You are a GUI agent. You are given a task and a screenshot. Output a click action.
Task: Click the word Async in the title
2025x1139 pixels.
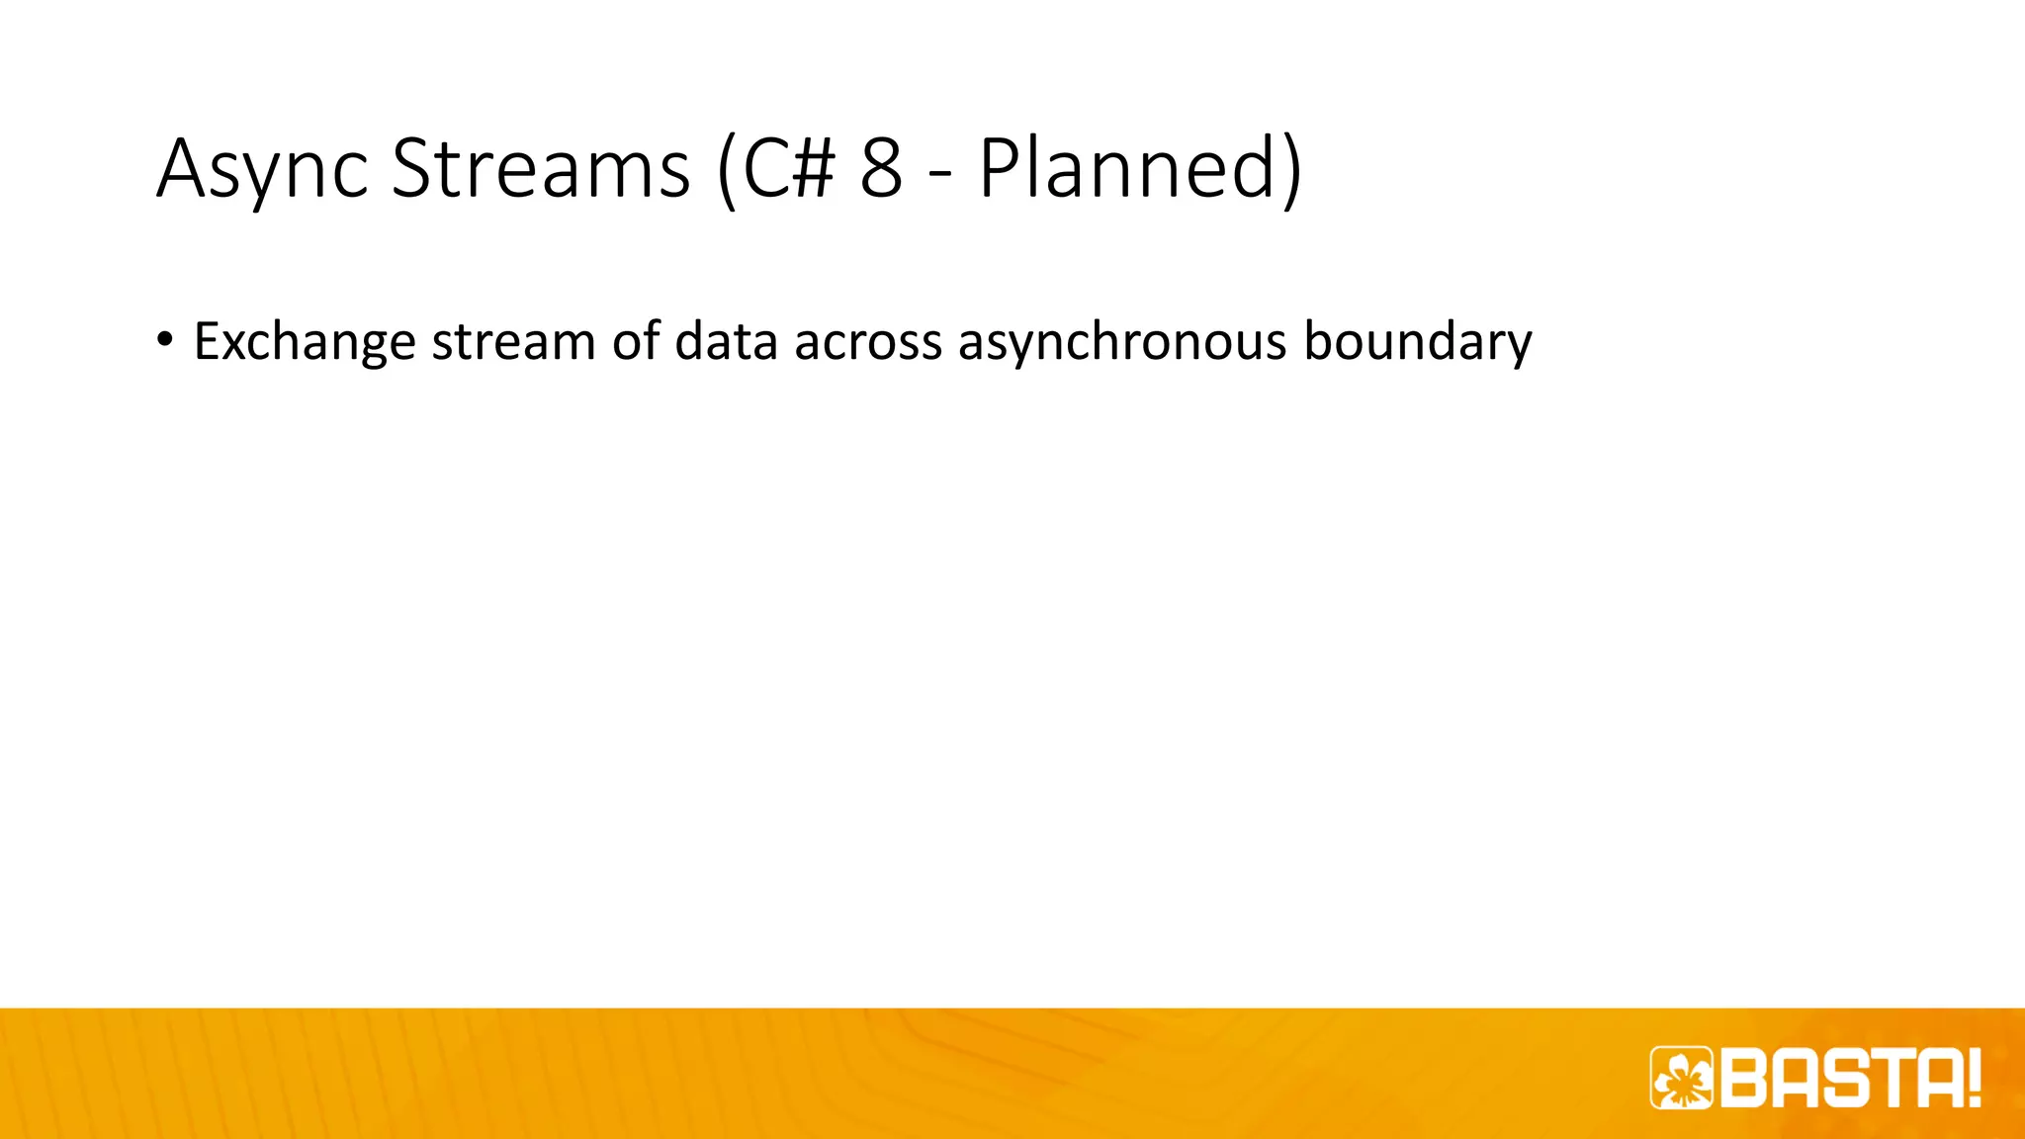click(x=262, y=170)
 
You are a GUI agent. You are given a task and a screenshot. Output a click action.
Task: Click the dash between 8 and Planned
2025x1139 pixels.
click(x=940, y=174)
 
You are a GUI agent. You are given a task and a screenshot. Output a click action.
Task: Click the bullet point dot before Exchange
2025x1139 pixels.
click(x=164, y=341)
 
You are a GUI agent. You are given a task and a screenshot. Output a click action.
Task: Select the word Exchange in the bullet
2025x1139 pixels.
click(x=305, y=342)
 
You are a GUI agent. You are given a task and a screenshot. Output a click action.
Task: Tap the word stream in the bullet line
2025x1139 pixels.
click(x=513, y=342)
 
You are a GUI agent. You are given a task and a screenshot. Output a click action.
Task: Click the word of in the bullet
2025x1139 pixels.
click(x=635, y=341)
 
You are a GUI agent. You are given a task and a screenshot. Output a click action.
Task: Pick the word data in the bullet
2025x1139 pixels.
click(x=726, y=341)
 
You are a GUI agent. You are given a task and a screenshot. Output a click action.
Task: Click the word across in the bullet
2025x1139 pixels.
click(x=868, y=342)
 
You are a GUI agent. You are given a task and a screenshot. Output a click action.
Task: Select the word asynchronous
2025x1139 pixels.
click(x=1122, y=342)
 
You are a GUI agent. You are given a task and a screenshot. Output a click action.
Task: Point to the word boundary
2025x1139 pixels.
click(x=1417, y=342)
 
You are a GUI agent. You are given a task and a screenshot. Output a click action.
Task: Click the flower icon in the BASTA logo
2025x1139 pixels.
click(x=1682, y=1078)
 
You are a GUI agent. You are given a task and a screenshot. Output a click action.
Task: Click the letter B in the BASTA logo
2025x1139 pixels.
click(x=1745, y=1078)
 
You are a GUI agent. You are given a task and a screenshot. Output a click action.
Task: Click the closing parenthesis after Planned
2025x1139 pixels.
click(x=1290, y=170)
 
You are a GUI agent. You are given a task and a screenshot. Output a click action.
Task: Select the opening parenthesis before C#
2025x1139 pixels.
click(x=727, y=170)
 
